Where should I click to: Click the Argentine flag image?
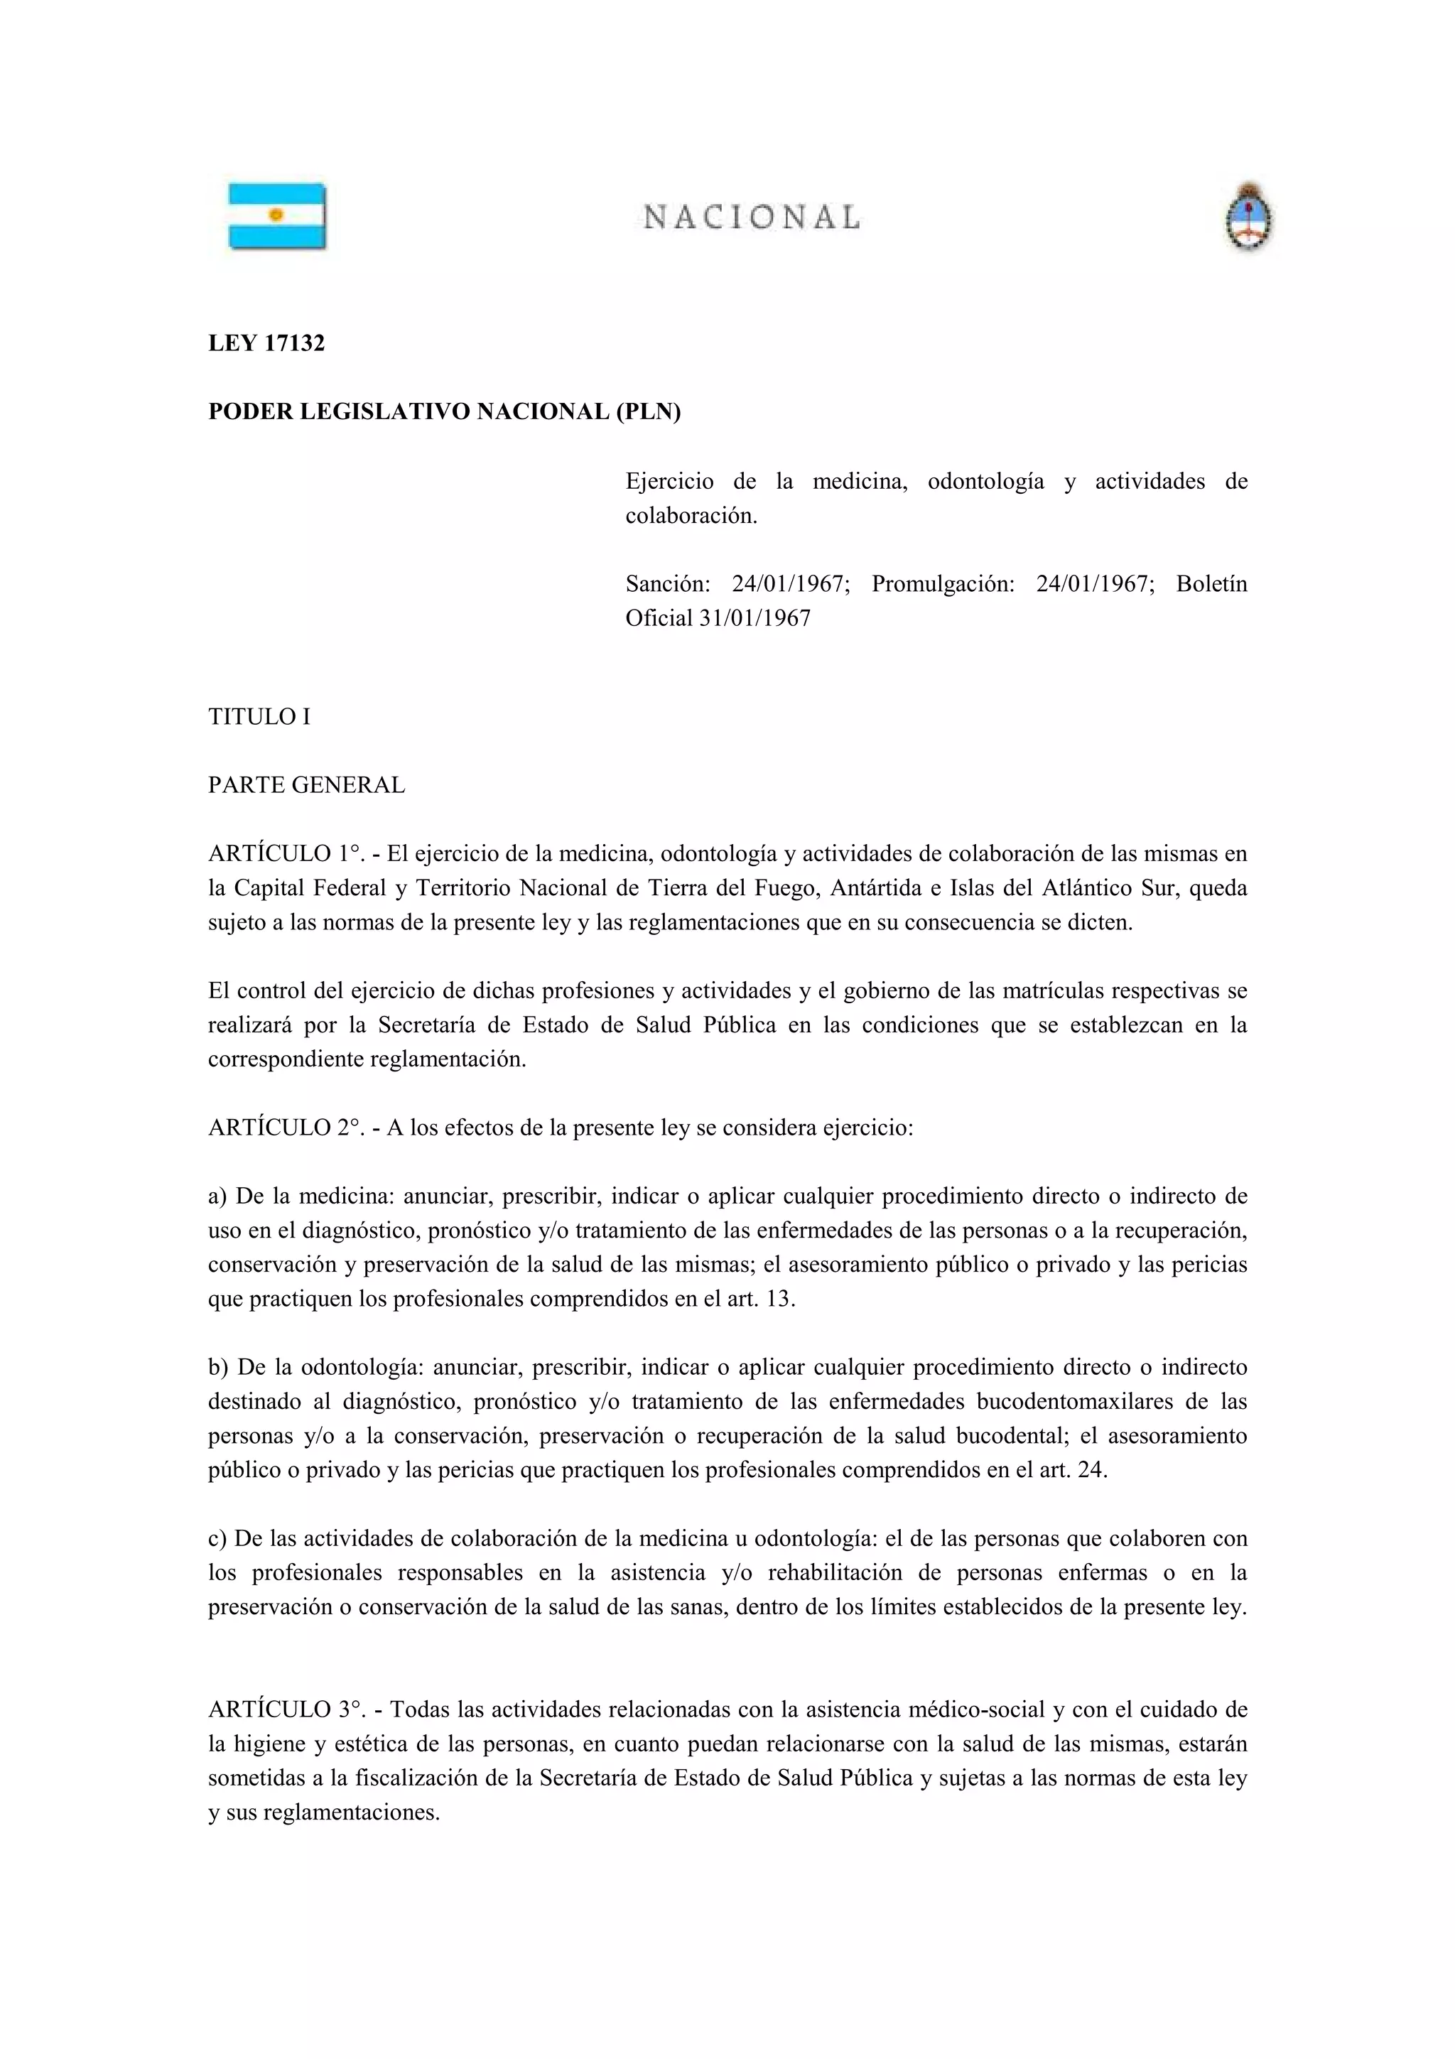click(x=277, y=216)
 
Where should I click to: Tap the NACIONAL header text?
click(x=751, y=217)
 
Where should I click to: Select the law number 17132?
click(x=294, y=343)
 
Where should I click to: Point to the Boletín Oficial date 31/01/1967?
click(x=754, y=618)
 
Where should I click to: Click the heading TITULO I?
click(x=259, y=716)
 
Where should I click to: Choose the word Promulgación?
click(x=943, y=584)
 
